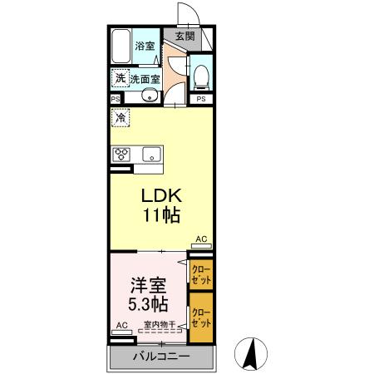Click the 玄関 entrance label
pyautogui.click(x=185, y=36)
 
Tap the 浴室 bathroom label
pyautogui.click(x=145, y=46)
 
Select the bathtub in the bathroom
pyautogui.click(x=121, y=46)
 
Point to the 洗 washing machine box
pyautogui.click(x=121, y=78)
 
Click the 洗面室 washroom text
pyautogui.click(x=145, y=79)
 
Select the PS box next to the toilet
pyautogui.click(x=200, y=100)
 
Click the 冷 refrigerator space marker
pyautogui.click(x=121, y=118)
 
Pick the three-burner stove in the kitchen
pyautogui.click(x=123, y=154)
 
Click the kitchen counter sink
pyautogui.click(x=153, y=154)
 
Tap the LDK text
pyautogui.click(x=161, y=196)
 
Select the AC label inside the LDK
pyautogui.click(x=200, y=239)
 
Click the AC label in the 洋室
pyautogui.click(x=121, y=326)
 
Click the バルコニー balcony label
pyautogui.click(x=161, y=357)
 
